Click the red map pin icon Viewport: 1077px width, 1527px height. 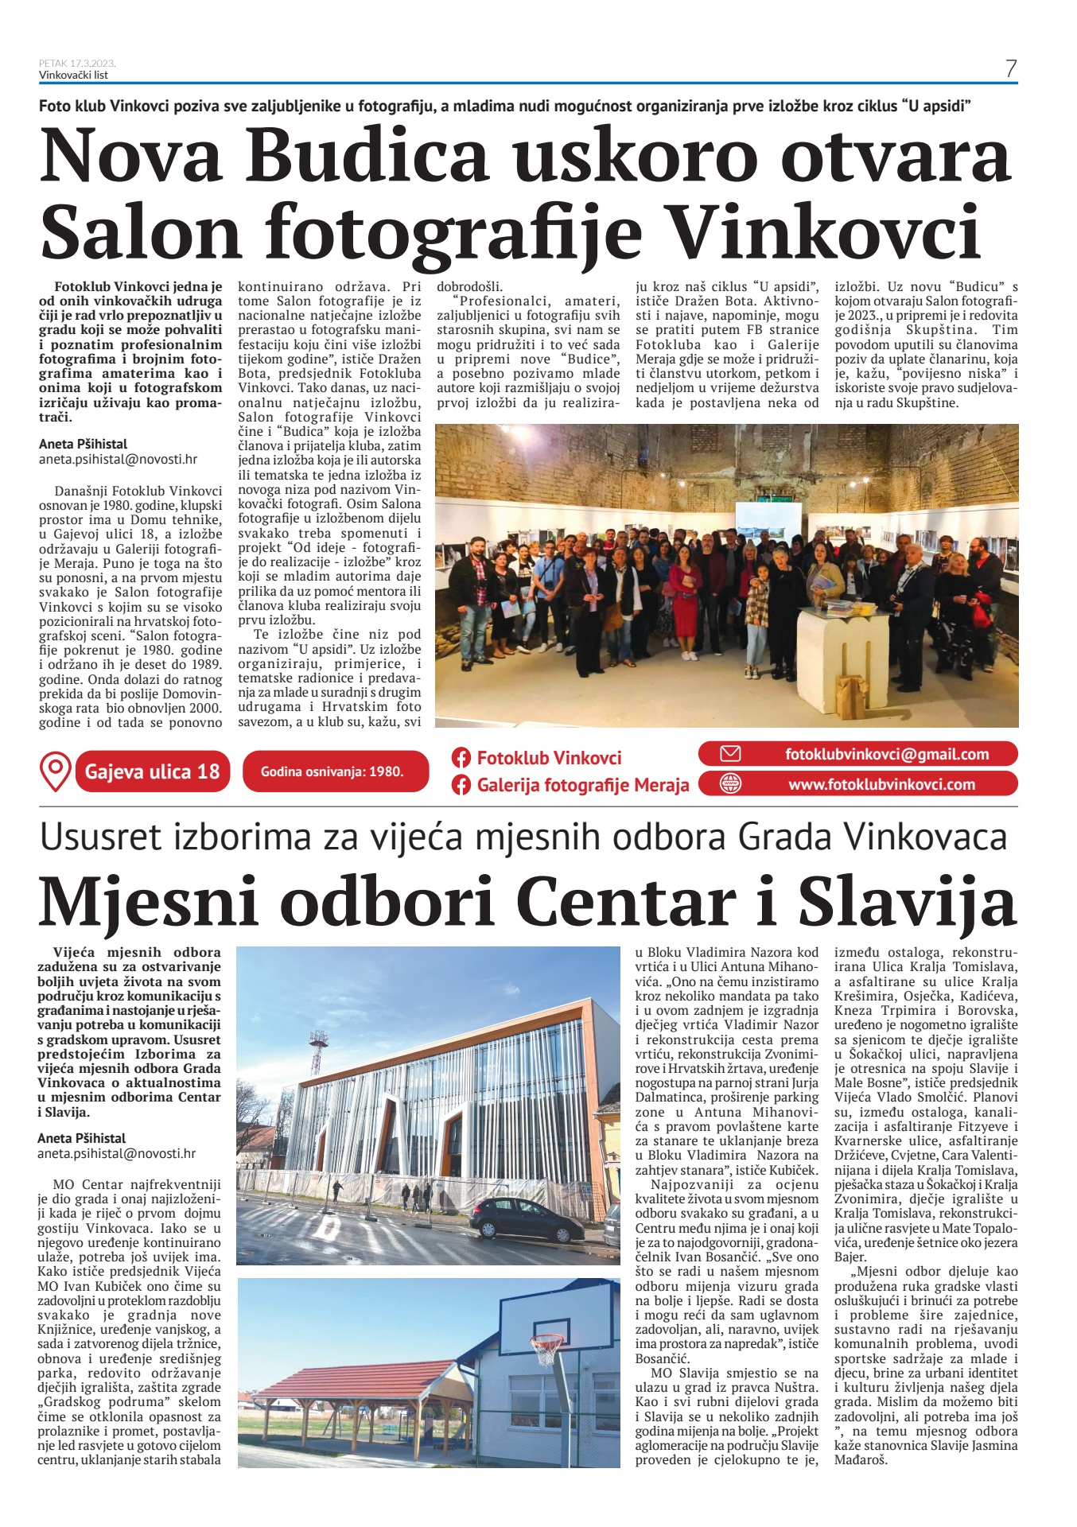pos(55,771)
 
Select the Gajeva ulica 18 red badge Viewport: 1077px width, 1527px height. pos(152,771)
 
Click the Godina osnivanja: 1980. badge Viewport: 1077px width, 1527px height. pos(332,771)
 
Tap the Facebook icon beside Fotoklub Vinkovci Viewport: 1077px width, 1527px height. pos(461,758)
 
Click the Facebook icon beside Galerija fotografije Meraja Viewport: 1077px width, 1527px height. pos(461,786)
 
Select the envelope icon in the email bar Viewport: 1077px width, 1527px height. pos(729,754)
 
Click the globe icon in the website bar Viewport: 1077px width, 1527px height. pos(729,783)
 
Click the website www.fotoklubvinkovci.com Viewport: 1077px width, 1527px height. pos(881,784)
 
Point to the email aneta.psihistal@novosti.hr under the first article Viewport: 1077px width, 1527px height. pos(118,459)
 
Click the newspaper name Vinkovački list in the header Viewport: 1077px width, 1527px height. pos(73,75)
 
